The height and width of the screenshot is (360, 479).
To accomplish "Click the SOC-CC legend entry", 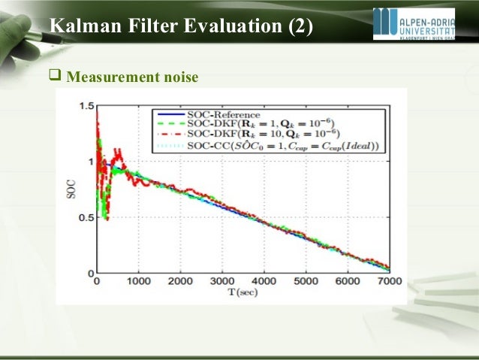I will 259,145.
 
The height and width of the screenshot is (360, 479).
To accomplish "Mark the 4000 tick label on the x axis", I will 263,282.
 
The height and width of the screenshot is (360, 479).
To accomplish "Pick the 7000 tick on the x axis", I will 387,282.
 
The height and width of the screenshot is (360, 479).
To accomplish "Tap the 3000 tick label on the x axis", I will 221,282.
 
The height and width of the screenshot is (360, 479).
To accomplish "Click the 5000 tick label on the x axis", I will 305,282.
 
